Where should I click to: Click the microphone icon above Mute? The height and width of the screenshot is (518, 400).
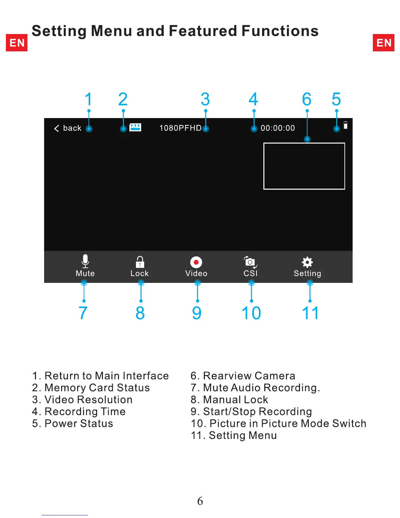click(x=85, y=261)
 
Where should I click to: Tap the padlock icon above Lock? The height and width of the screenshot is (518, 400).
click(x=140, y=262)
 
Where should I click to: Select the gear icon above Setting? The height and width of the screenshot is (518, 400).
click(x=307, y=262)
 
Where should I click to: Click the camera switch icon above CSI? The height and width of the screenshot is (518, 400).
click(x=250, y=262)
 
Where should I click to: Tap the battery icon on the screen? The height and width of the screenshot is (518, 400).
click(x=345, y=125)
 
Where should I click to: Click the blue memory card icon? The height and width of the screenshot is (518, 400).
click(x=135, y=127)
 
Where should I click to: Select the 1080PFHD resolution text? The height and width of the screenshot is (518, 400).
click(x=180, y=128)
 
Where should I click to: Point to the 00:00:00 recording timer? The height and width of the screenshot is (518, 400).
click(x=278, y=128)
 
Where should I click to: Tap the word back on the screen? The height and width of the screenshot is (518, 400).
click(x=72, y=128)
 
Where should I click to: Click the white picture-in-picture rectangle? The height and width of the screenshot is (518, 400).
click(x=304, y=166)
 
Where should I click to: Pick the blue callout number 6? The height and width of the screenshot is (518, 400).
click(x=307, y=99)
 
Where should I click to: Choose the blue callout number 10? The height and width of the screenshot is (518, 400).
click(x=251, y=313)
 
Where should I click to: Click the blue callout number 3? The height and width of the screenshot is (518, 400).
click(x=205, y=99)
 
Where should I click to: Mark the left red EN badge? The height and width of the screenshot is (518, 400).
click(x=17, y=43)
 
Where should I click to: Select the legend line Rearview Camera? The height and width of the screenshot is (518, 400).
click(x=243, y=376)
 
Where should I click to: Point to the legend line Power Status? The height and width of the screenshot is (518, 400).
click(x=73, y=423)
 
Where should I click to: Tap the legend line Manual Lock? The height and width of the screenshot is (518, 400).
click(x=229, y=400)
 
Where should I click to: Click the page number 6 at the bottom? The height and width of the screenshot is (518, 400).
click(x=200, y=501)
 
